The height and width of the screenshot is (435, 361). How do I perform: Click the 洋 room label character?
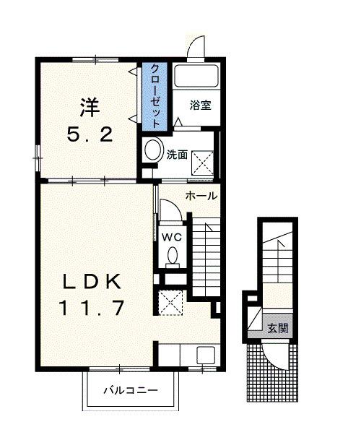89,108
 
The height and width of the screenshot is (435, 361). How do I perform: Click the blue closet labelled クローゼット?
154,96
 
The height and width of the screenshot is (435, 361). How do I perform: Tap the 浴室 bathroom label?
200,105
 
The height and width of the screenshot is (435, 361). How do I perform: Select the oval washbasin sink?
153,150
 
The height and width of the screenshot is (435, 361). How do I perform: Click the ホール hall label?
201,196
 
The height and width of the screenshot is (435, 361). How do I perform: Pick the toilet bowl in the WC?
173,256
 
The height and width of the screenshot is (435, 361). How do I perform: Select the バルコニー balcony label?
129,391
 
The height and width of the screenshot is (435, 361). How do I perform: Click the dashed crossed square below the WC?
170,301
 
